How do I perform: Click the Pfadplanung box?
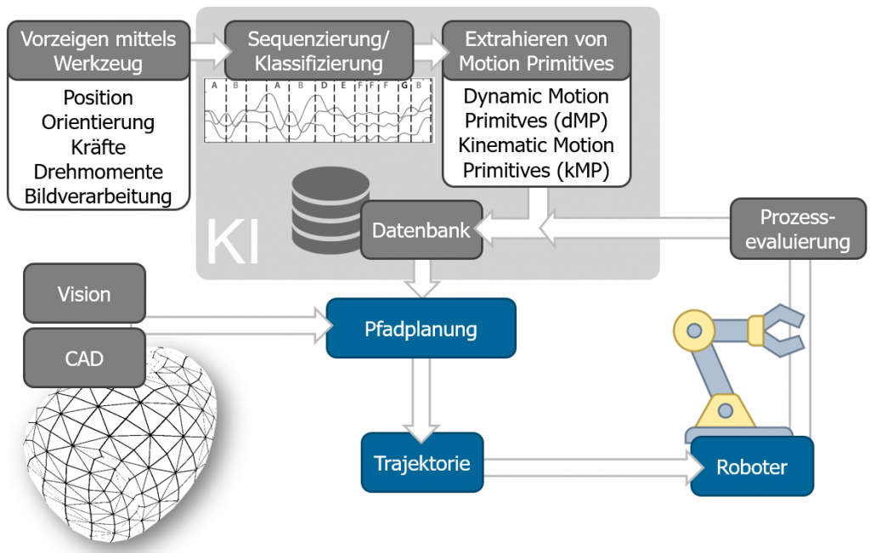(x=421, y=328)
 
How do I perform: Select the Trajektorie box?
(x=421, y=463)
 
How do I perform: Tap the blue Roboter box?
(x=752, y=466)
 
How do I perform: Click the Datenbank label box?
(x=421, y=230)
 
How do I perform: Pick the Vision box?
(x=84, y=294)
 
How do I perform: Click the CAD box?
(x=84, y=358)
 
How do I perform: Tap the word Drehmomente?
(x=98, y=172)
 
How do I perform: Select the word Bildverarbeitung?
(x=98, y=196)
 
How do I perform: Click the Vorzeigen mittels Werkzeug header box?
(x=98, y=51)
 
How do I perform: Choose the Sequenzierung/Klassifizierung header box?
(x=319, y=51)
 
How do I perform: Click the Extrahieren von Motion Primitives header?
(x=536, y=51)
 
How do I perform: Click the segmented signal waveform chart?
(x=319, y=110)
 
